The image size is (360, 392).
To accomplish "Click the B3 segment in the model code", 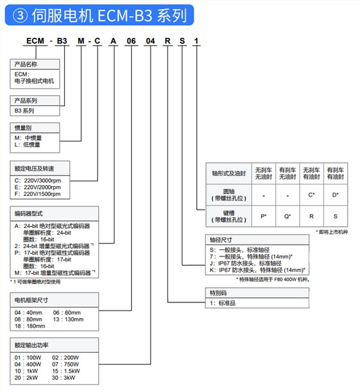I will (x=62, y=42).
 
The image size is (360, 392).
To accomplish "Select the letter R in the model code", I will (x=168, y=42).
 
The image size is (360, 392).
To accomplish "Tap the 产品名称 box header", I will (x=26, y=64).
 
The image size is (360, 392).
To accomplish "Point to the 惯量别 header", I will (x=23, y=127).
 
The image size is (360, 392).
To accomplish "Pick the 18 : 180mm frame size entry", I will (x=30, y=325).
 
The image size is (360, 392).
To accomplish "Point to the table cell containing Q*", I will (x=287, y=216).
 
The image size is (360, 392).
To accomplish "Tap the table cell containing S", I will (x=335, y=216).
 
